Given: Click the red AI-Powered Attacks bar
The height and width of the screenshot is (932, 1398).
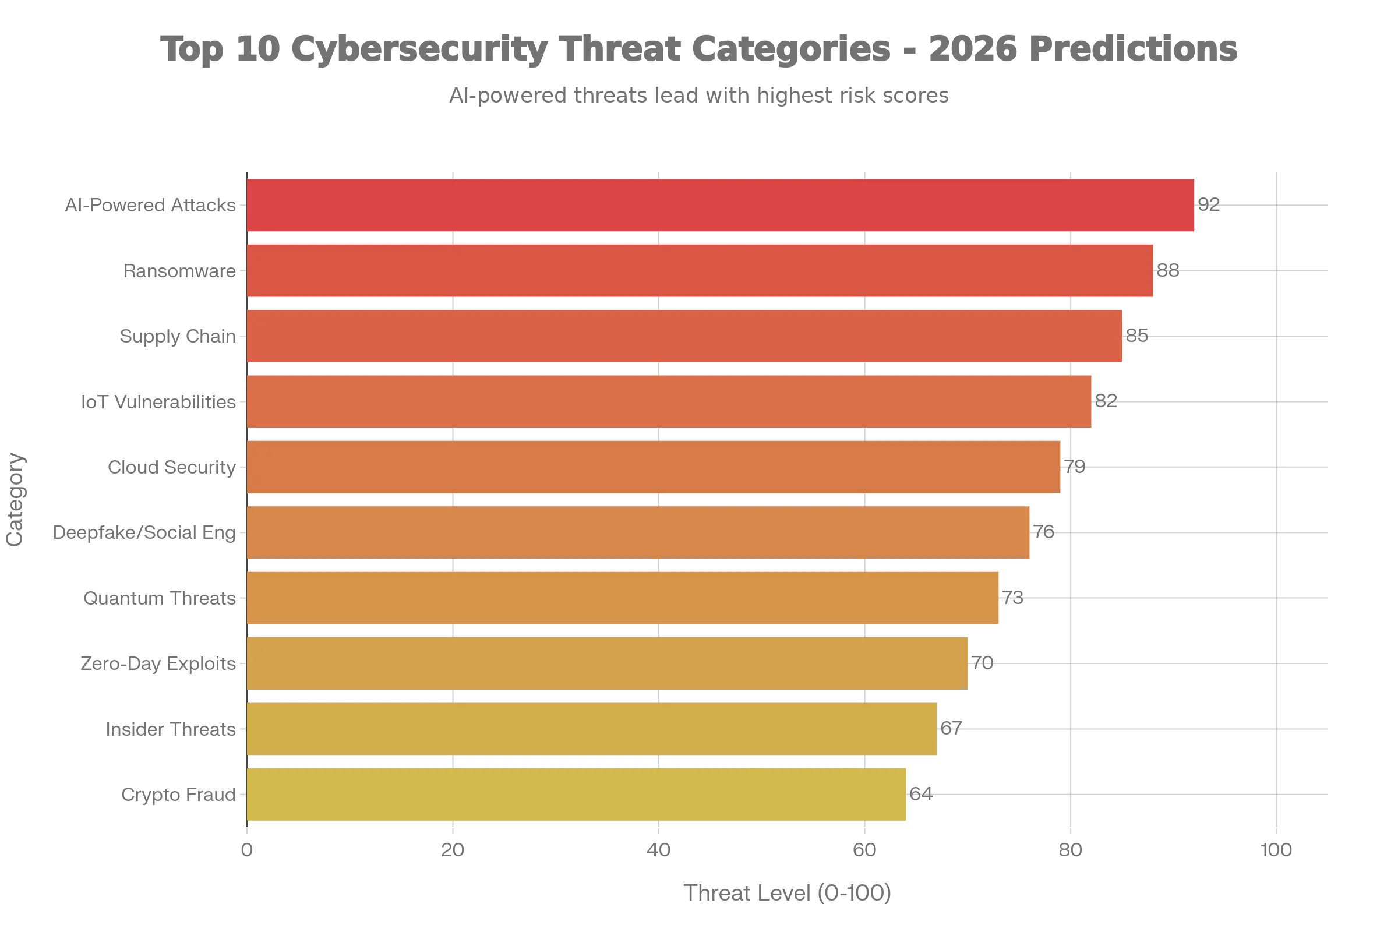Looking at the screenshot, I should (x=721, y=205).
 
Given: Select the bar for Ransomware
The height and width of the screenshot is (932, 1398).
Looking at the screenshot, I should (x=700, y=270).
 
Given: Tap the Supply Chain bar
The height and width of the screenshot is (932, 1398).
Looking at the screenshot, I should (x=684, y=336).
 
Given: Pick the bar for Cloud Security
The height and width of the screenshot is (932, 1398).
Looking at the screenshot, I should (x=654, y=467).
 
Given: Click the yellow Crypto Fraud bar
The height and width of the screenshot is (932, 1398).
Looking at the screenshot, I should (x=577, y=795).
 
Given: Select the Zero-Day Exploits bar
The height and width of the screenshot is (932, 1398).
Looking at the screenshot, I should (x=608, y=663).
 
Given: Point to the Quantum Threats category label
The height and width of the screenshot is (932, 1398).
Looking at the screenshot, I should (x=161, y=598).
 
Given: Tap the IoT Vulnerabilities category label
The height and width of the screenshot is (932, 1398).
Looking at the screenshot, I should (x=158, y=403).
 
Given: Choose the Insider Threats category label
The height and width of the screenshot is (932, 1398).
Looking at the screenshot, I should (x=172, y=729).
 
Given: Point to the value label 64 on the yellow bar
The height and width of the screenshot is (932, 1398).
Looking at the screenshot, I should (x=920, y=794).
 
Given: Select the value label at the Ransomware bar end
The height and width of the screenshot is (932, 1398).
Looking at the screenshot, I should (x=1167, y=271).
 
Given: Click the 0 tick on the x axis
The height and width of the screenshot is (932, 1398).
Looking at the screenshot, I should (x=246, y=850).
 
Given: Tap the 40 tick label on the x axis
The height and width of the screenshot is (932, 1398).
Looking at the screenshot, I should (x=658, y=850).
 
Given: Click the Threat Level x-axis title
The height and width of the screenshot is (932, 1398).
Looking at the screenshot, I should (x=787, y=894).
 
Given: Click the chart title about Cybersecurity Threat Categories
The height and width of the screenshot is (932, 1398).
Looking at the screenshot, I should (x=699, y=49).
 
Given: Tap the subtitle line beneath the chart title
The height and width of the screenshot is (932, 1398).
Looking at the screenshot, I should (x=699, y=94).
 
